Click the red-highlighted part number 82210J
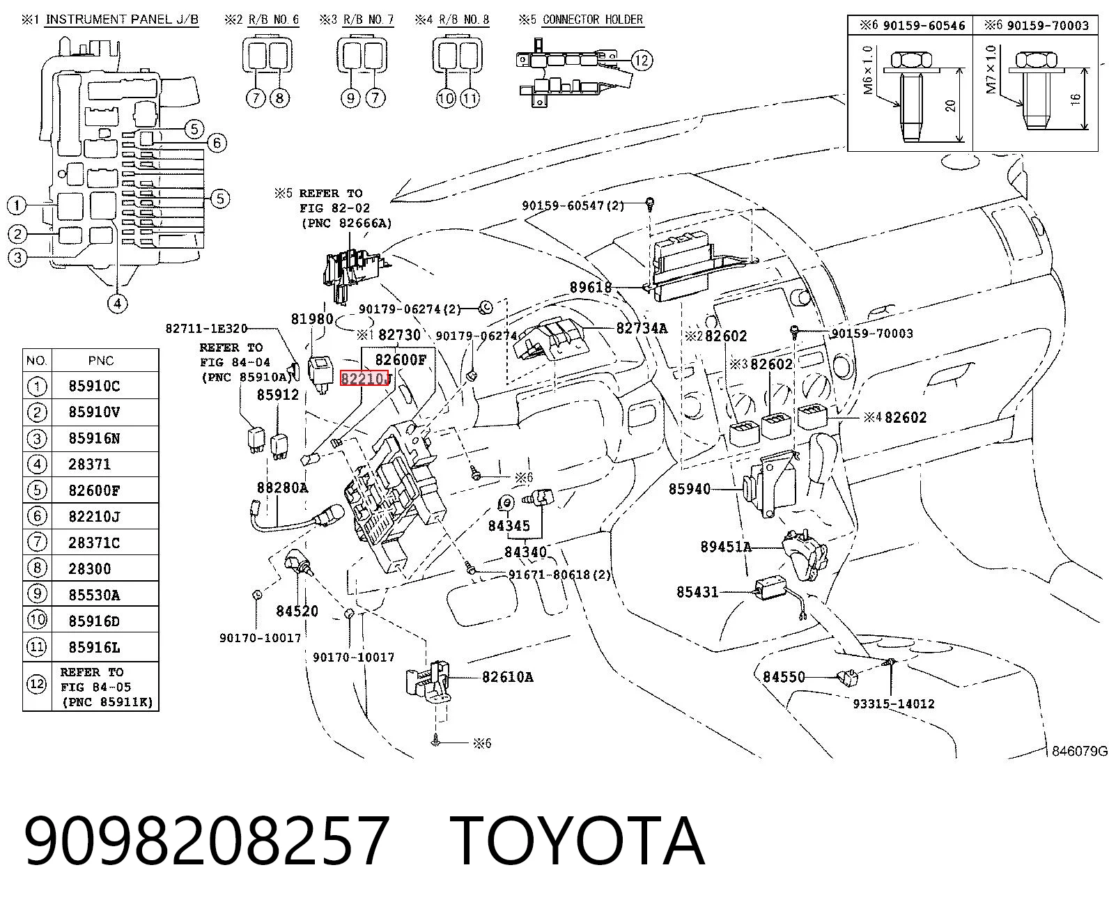pos(364,378)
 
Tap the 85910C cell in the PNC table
pos(94,387)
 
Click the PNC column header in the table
pos(101,361)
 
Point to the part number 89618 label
pos(591,288)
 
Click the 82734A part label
pos(642,328)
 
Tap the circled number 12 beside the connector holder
pos(642,60)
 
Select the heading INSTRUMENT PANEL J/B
pos(122,20)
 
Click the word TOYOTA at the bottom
pos(577,841)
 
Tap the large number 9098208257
pos(207,841)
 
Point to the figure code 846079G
pos(1080,751)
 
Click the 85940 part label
pos(690,489)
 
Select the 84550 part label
pos(784,677)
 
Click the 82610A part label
pos(508,677)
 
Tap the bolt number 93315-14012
pos(894,704)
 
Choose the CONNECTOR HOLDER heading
pos(593,20)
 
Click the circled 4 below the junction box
pos(118,304)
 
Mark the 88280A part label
pos(283,488)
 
